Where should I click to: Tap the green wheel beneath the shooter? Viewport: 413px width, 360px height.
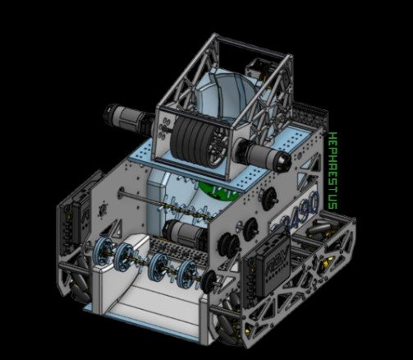click(x=210, y=192)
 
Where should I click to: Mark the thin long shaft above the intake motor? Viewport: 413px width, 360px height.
click(x=156, y=201)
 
